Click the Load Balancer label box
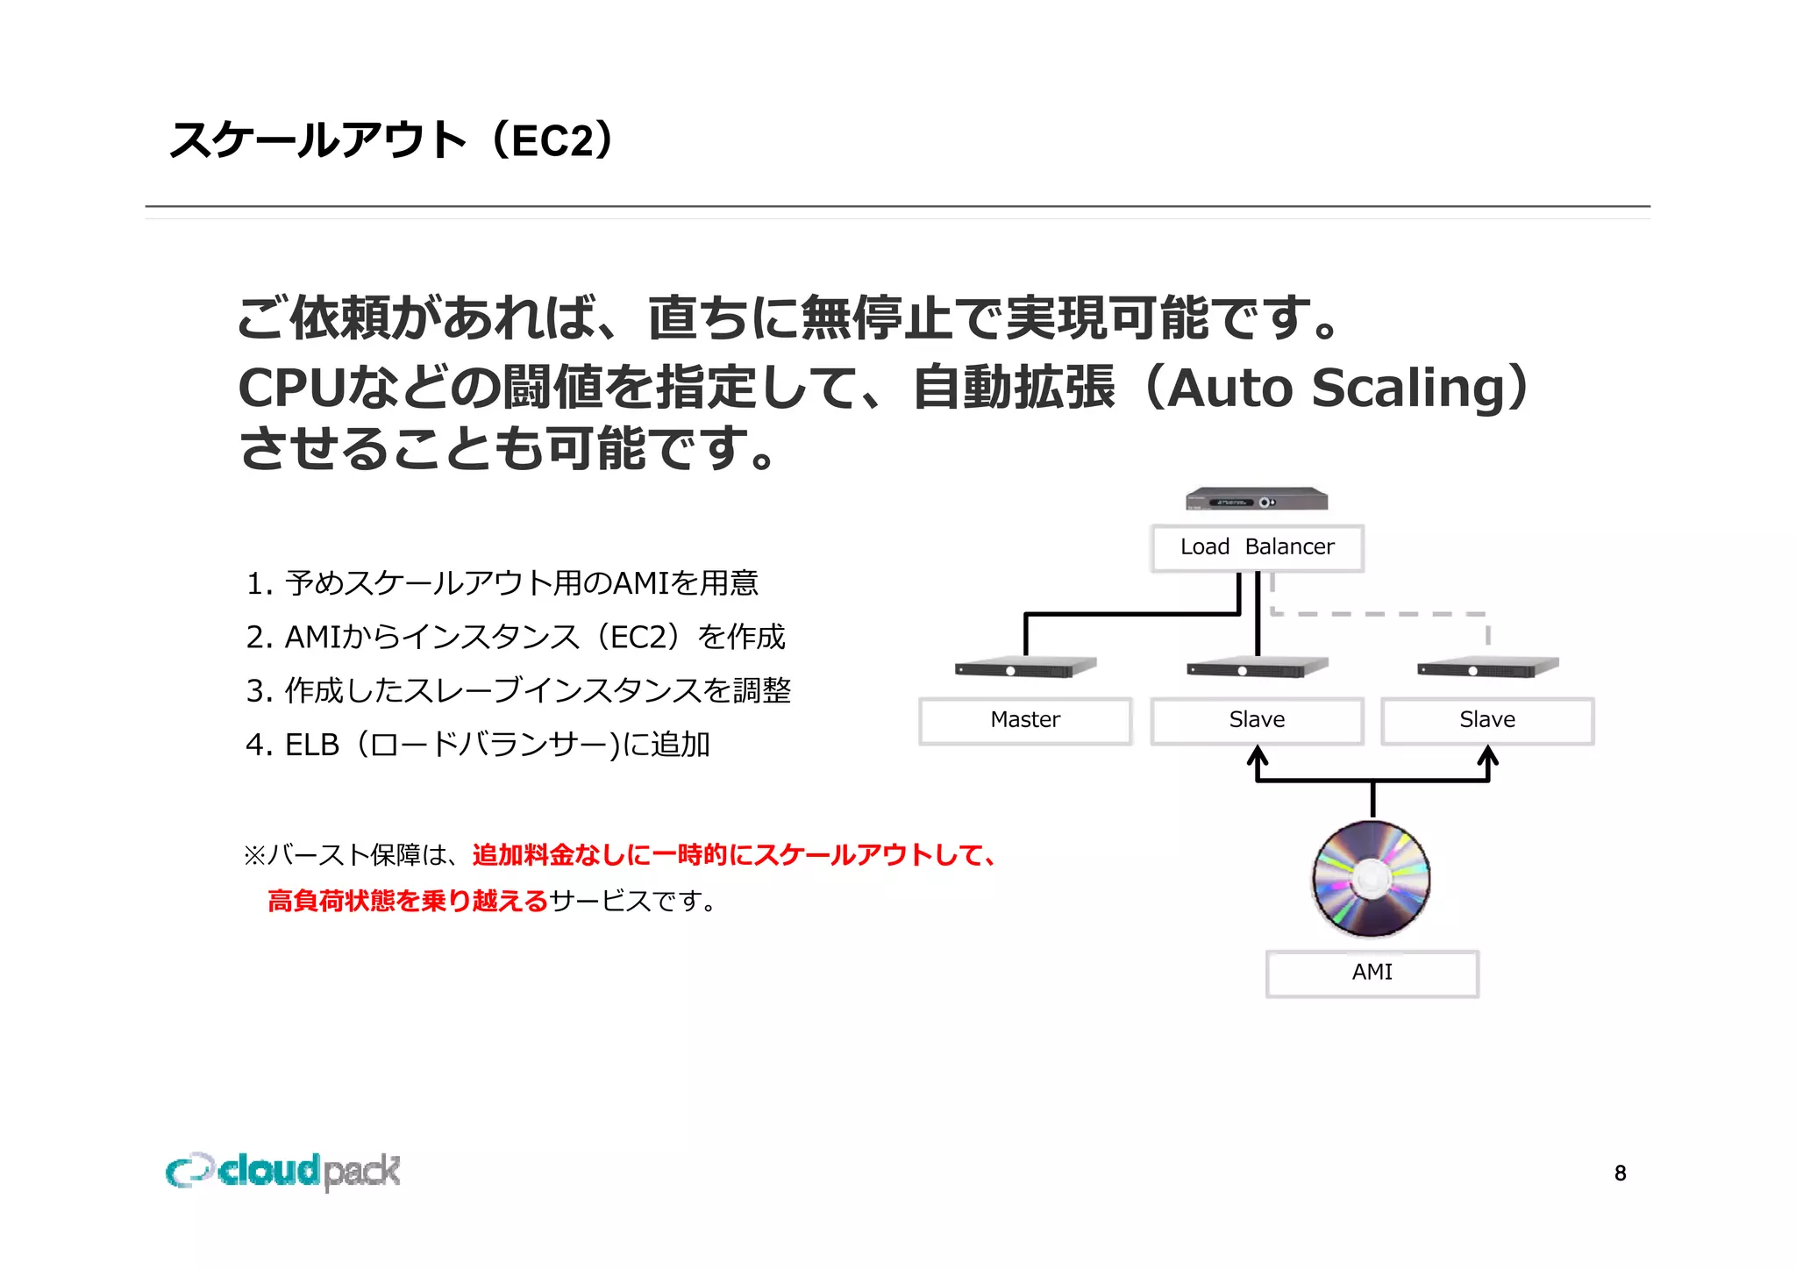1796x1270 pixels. click(x=1257, y=548)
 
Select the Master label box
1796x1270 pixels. click(x=1025, y=720)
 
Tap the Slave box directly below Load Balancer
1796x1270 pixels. click(x=1257, y=720)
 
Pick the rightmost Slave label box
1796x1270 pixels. click(x=1487, y=720)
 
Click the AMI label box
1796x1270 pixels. click(x=1372, y=973)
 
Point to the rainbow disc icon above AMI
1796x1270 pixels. click(x=1372, y=879)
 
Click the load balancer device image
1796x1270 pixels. click(x=1257, y=500)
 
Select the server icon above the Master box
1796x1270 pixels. click(x=1025, y=668)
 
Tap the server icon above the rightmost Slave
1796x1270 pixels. click(x=1487, y=668)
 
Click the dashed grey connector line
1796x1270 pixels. click(x=1377, y=614)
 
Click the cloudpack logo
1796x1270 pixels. click(x=283, y=1171)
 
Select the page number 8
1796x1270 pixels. click(x=1620, y=1174)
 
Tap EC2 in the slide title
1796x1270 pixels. click(x=553, y=141)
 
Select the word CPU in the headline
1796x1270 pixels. click(x=292, y=388)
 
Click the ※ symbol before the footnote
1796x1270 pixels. click(x=253, y=855)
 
